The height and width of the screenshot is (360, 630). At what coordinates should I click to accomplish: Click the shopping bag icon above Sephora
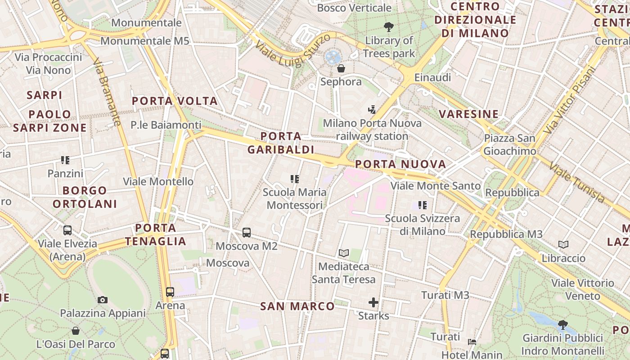(x=341, y=68)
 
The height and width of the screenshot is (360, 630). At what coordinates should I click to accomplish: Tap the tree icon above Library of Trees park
(x=388, y=27)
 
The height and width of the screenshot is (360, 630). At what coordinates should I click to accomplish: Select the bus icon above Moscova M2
(x=247, y=233)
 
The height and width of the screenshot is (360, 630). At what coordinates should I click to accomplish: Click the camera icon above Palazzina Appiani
(x=103, y=300)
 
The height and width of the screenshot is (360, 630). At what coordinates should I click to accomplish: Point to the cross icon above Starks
(x=373, y=302)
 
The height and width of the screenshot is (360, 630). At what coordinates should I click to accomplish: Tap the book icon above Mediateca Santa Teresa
(x=344, y=253)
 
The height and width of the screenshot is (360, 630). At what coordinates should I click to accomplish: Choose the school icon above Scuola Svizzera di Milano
(x=422, y=205)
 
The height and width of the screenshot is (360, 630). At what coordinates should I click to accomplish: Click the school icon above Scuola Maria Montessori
(x=295, y=179)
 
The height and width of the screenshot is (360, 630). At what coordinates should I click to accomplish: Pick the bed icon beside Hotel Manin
(x=472, y=342)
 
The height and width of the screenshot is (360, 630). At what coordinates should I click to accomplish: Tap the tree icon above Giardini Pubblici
(x=562, y=324)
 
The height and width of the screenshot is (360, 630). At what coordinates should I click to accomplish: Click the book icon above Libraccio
(x=563, y=245)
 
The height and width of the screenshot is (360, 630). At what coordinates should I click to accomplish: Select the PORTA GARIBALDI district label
(x=280, y=143)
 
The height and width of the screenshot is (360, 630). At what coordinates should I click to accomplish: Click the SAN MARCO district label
(x=297, y=306)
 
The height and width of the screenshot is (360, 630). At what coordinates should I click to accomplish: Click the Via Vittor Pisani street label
(x=569, y=100)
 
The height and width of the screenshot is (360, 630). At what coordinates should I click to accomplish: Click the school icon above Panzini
(x=65, y=160)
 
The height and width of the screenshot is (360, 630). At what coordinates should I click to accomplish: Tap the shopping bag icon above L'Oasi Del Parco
(x=76, y=331)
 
